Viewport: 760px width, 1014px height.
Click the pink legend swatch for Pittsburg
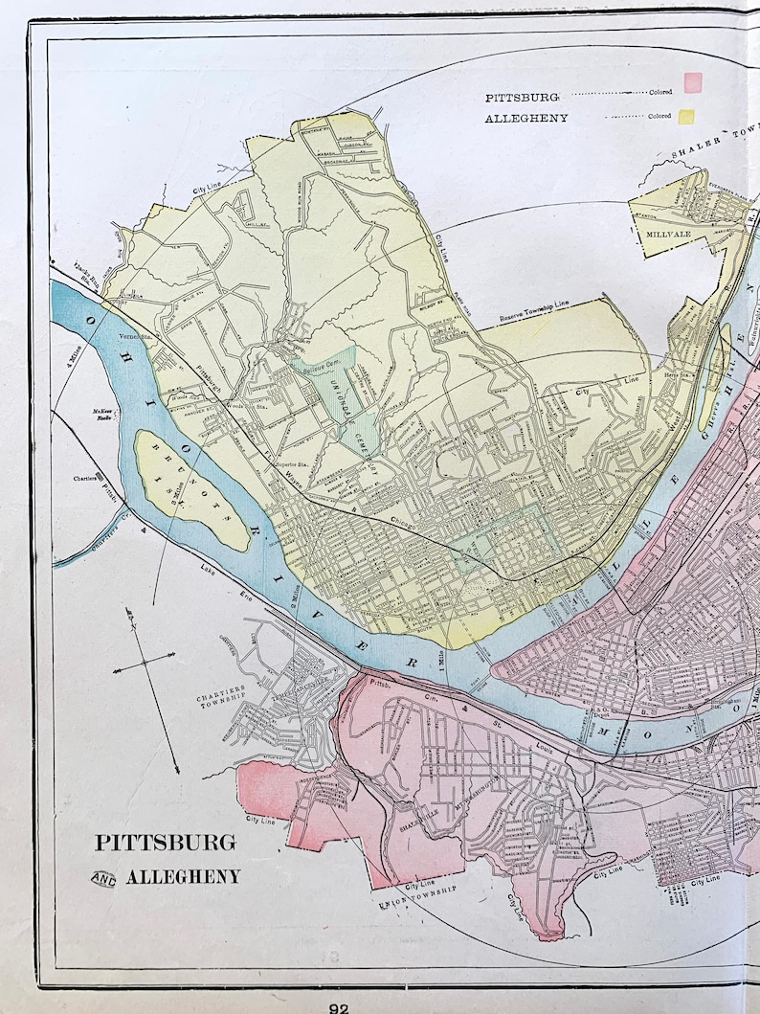click(x=692, y=81)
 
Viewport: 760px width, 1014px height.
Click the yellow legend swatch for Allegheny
click(x=686, y=117)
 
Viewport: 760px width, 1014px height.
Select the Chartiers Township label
click(x=222, y=697)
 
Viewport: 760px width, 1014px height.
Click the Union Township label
click(x=417, y=896)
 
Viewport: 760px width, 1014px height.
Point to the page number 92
click(x=339, y=1007)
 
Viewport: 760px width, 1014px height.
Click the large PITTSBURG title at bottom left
click(x=165, y=843)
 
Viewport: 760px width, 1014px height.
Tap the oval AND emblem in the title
click(x=103, y=878)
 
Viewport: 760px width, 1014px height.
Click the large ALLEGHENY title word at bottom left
click(x=184, y=877)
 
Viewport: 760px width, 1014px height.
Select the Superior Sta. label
click(x=287, y=465)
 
